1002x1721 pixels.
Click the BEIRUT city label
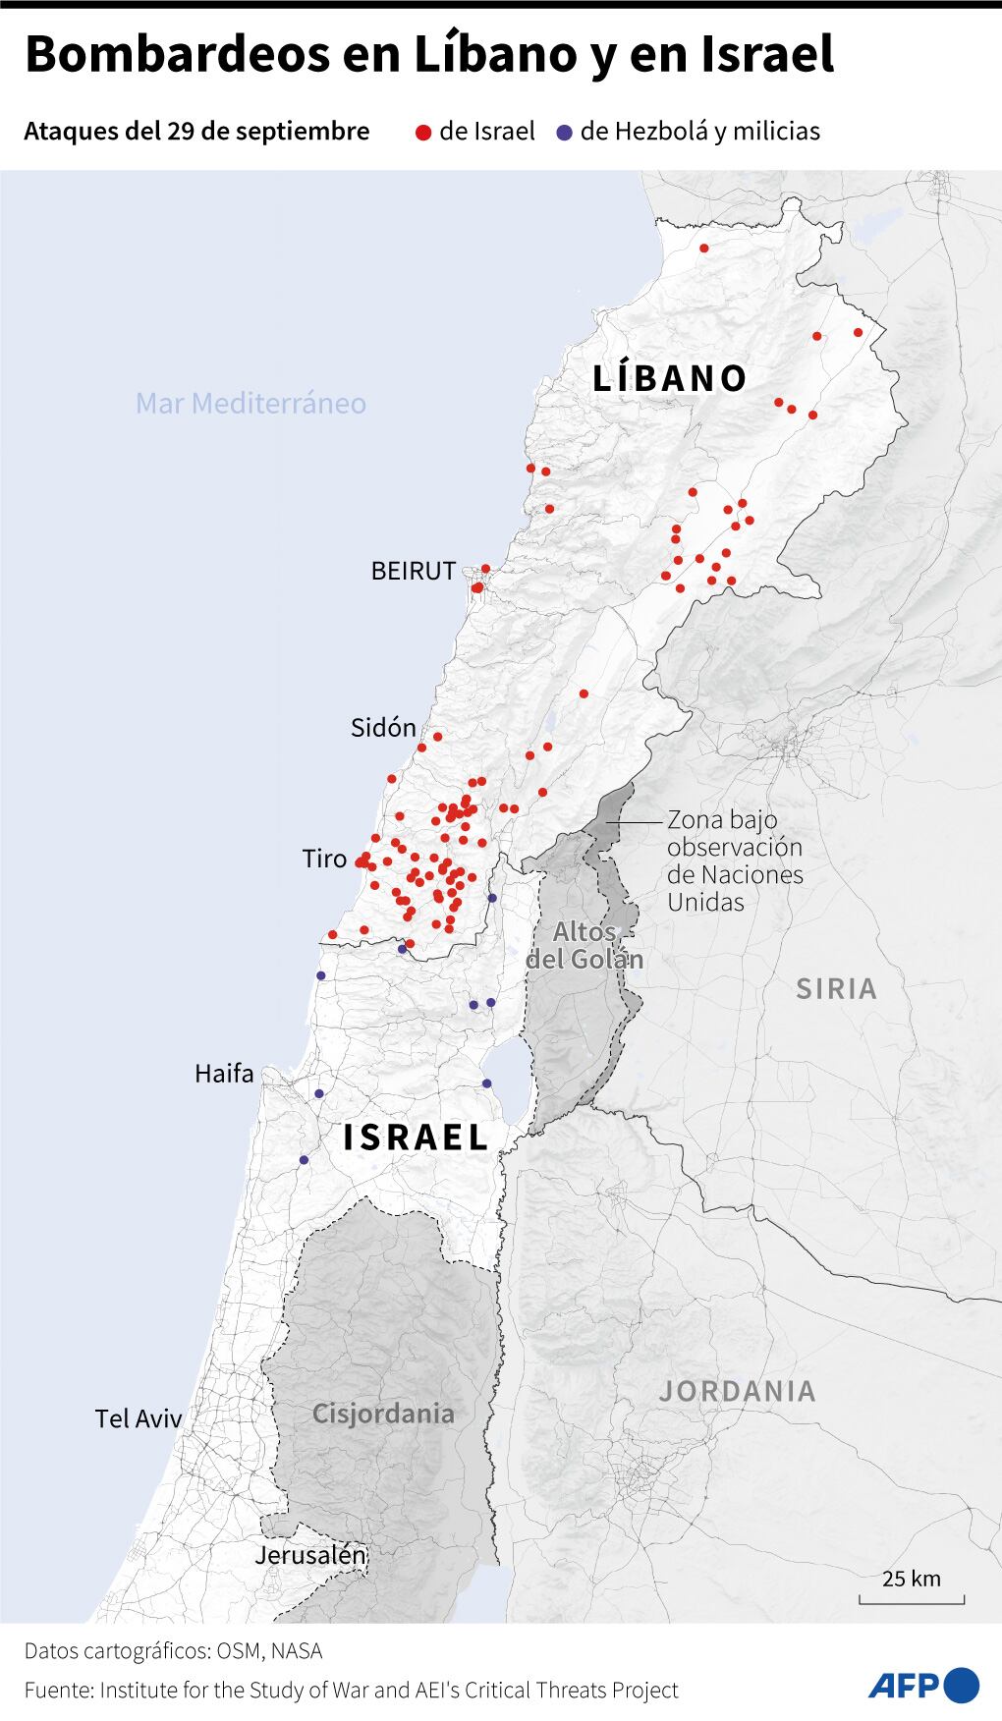pyautogui.click(x=413, y=571)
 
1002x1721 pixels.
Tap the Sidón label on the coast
pyautogui.click(x=383, y=728)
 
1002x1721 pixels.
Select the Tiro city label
pyautogui.click(x=324, y=860)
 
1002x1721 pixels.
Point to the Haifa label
pyautogui.click(x=224, y=1074)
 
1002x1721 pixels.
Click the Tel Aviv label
pyautogui.click(x=139, y=1418)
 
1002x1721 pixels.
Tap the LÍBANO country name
pyautogui.click(x=670, y=378)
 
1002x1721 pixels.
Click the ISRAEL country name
pyautogui.click(x=416, y=1138)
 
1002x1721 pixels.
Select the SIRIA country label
pyautogui.click(x=836, y=988)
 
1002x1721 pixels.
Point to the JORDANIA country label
pyautogui.click(x=737, y=1391)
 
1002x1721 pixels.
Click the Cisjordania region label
pyautogui.click(x=383, y=1414)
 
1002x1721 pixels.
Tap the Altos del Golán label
pyautogui.click(x=584, y=945)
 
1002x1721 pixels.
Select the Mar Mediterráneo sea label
pyautogui.click(x=250, y=404)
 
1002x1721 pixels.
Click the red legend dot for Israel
pyautogui.click(x=423, y=132)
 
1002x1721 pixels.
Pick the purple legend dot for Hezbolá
pyautogui.click(x=564, y=132)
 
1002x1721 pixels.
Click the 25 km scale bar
pyautogui.click(x=912, y=1597)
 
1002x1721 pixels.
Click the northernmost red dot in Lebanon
pyautogui.click(x=703, y=249)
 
